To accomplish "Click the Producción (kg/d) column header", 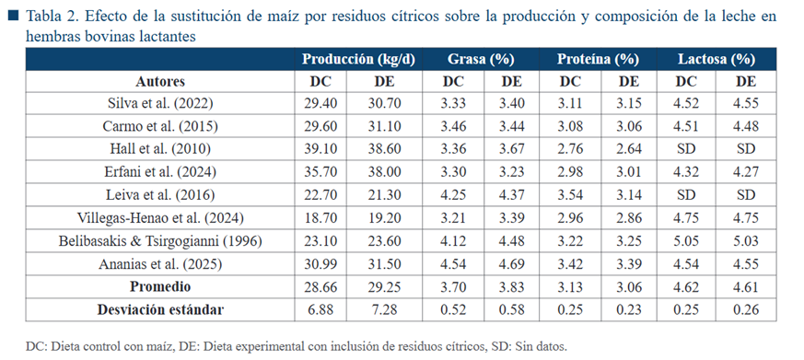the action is point(358,60).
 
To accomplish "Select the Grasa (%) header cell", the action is point(481,60).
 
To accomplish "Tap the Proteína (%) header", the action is point(598,60).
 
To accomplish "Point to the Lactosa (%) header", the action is point(717,60).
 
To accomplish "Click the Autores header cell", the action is point(160,82).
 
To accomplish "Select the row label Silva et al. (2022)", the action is point(160,104).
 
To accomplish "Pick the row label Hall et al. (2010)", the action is point(160,149).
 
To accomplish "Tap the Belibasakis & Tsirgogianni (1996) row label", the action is point(160,241).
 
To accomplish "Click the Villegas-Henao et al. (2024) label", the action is point(160,218).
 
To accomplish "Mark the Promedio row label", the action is point(160,286).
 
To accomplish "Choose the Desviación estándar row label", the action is point(160,309).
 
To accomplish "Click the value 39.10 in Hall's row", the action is point(320,149).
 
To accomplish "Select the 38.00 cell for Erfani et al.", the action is point(384,172).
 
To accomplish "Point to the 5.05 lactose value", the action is point(686,241).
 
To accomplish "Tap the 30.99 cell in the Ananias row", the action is point(320,264).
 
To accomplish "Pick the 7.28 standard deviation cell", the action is point(384,309).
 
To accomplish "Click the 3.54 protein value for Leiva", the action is point(570,195).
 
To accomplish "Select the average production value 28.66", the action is point(320,286).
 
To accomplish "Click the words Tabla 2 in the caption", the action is point(50,17).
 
